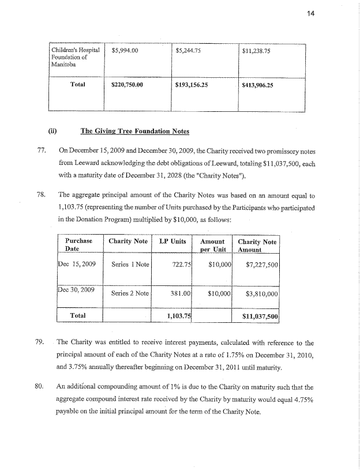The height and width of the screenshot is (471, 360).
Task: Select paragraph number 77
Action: point(40,151)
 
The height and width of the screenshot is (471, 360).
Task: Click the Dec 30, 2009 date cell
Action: point(78,288)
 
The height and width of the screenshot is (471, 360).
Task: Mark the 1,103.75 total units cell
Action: point(179,316)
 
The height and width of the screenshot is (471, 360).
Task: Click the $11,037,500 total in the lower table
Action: point(261,317)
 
